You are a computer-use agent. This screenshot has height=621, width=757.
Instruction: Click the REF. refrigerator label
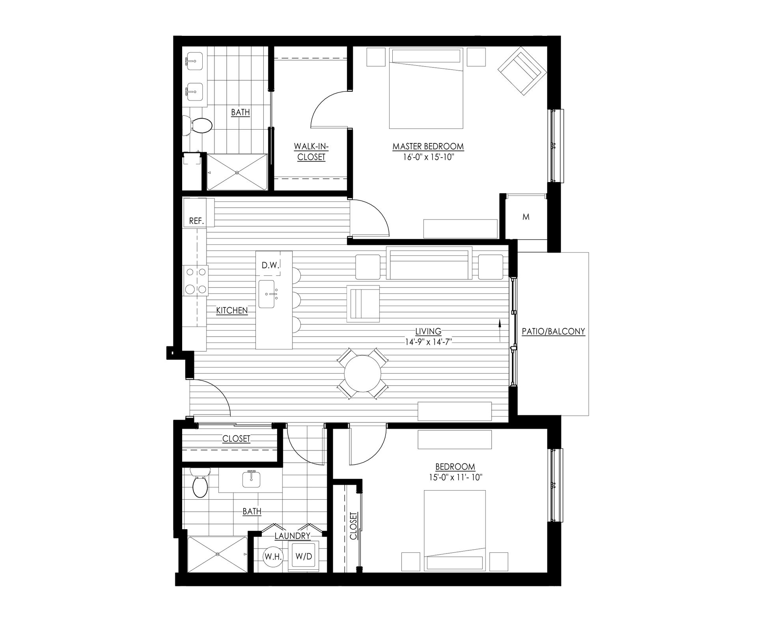tap(196, 221)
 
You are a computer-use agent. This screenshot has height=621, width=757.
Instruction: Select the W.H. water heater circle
tap(272, 557)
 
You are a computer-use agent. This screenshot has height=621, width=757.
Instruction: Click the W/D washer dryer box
tap(304, 556)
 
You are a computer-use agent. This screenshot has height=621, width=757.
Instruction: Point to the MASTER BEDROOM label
tap(428, 147)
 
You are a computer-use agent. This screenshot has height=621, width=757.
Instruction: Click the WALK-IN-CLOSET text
tap(311, 152)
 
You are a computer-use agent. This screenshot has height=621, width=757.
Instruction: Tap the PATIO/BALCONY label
tap(553, 331)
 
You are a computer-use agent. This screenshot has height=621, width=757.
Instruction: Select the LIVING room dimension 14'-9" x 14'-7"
tap(428, 342)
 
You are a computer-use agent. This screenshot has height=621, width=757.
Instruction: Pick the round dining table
tap(363, 373)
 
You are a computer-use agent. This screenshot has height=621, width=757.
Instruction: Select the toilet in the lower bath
tap(200, 486)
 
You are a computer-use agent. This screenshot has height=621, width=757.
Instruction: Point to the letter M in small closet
tap(526, 217)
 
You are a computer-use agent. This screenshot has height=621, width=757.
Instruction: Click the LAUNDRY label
tap(293, 536)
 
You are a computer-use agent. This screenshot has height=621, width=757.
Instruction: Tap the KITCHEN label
tap(232, 310)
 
